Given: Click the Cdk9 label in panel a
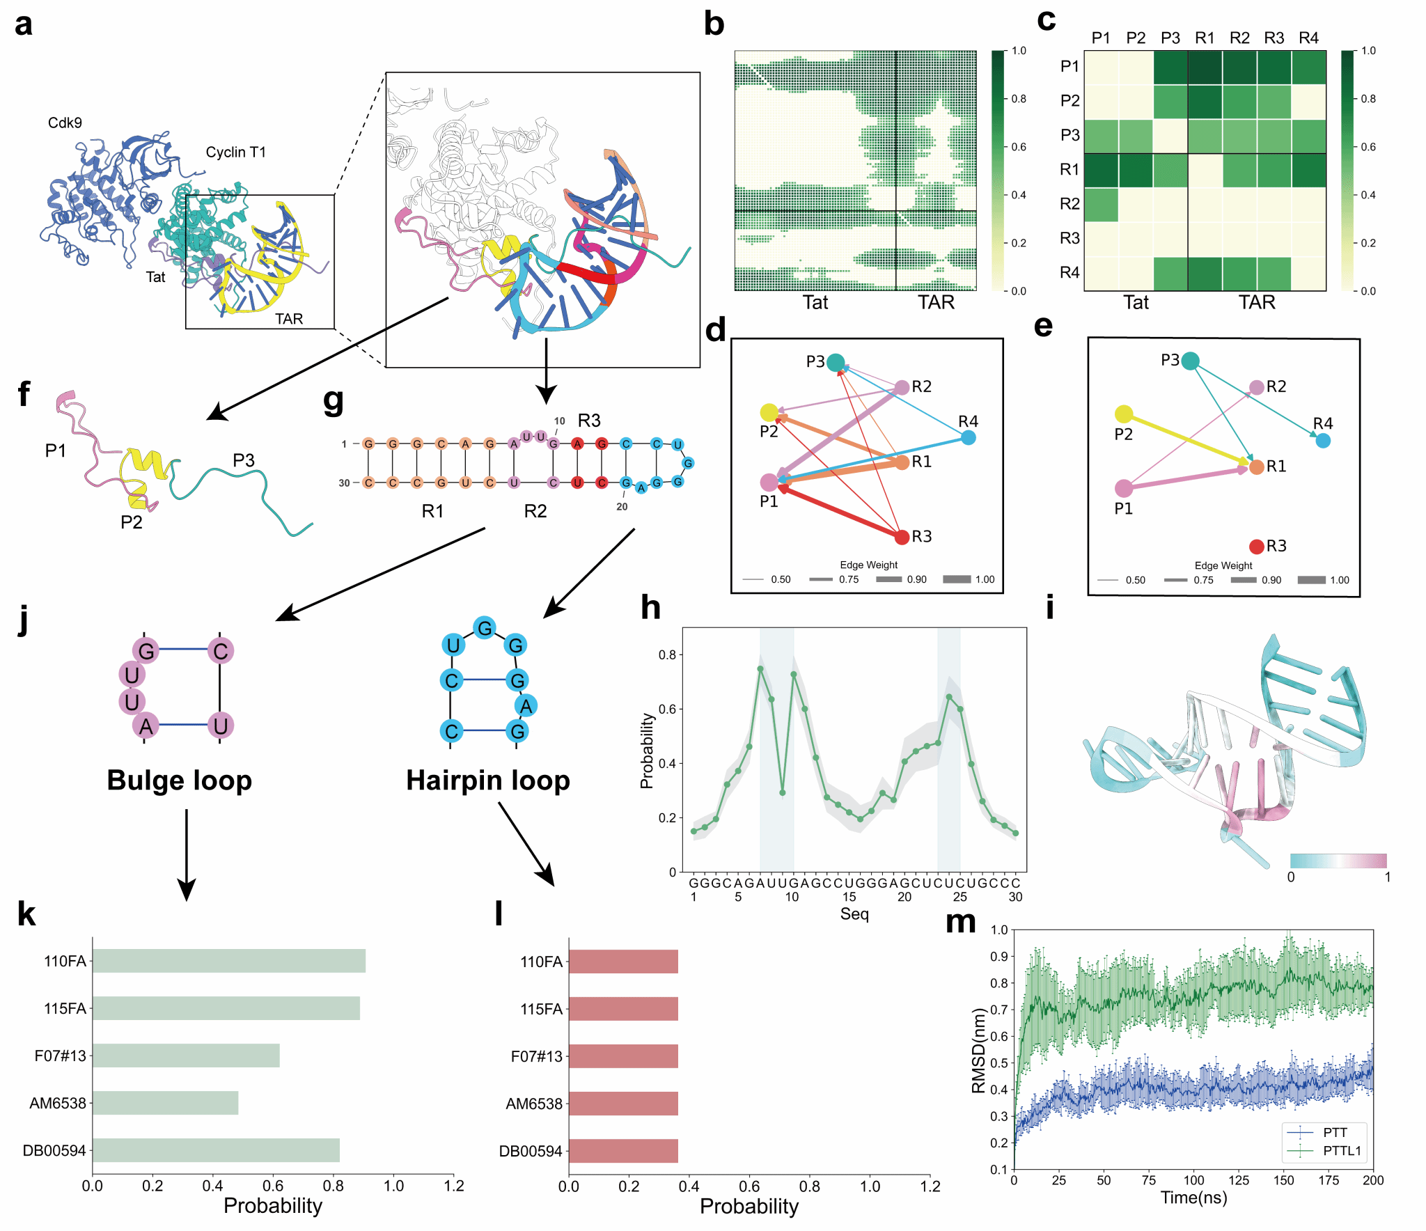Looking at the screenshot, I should click(x=65, y=123).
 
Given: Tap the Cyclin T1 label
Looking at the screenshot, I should click(x=235, y=152).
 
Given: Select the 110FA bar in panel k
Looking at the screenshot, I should click(x=228, y=961).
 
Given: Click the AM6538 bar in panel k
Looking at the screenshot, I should click(x=165, y=1103).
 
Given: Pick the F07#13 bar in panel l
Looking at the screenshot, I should click(x=623, y=1056).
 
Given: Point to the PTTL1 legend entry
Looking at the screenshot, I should click(x=1341, y=1150).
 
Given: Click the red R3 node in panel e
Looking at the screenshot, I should click(x=1256, y=547).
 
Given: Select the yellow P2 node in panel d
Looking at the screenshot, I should click(x=769, y=413).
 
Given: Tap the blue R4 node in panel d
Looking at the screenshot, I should click(x=968, y=437).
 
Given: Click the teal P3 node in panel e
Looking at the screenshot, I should click(x=1191, y=361).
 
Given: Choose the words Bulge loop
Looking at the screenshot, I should click(x=179, y=781).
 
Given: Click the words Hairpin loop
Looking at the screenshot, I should click(x=487, y=781).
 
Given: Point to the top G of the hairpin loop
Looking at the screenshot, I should click(x=485, y=628).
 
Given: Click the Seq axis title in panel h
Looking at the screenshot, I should click(x=854, y=914).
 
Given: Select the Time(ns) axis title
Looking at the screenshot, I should click(x=1193, y=1198).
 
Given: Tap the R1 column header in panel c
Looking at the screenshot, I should click(x=1205, y=38).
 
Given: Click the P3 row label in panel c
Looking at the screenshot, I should click(x=1069, y=135).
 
